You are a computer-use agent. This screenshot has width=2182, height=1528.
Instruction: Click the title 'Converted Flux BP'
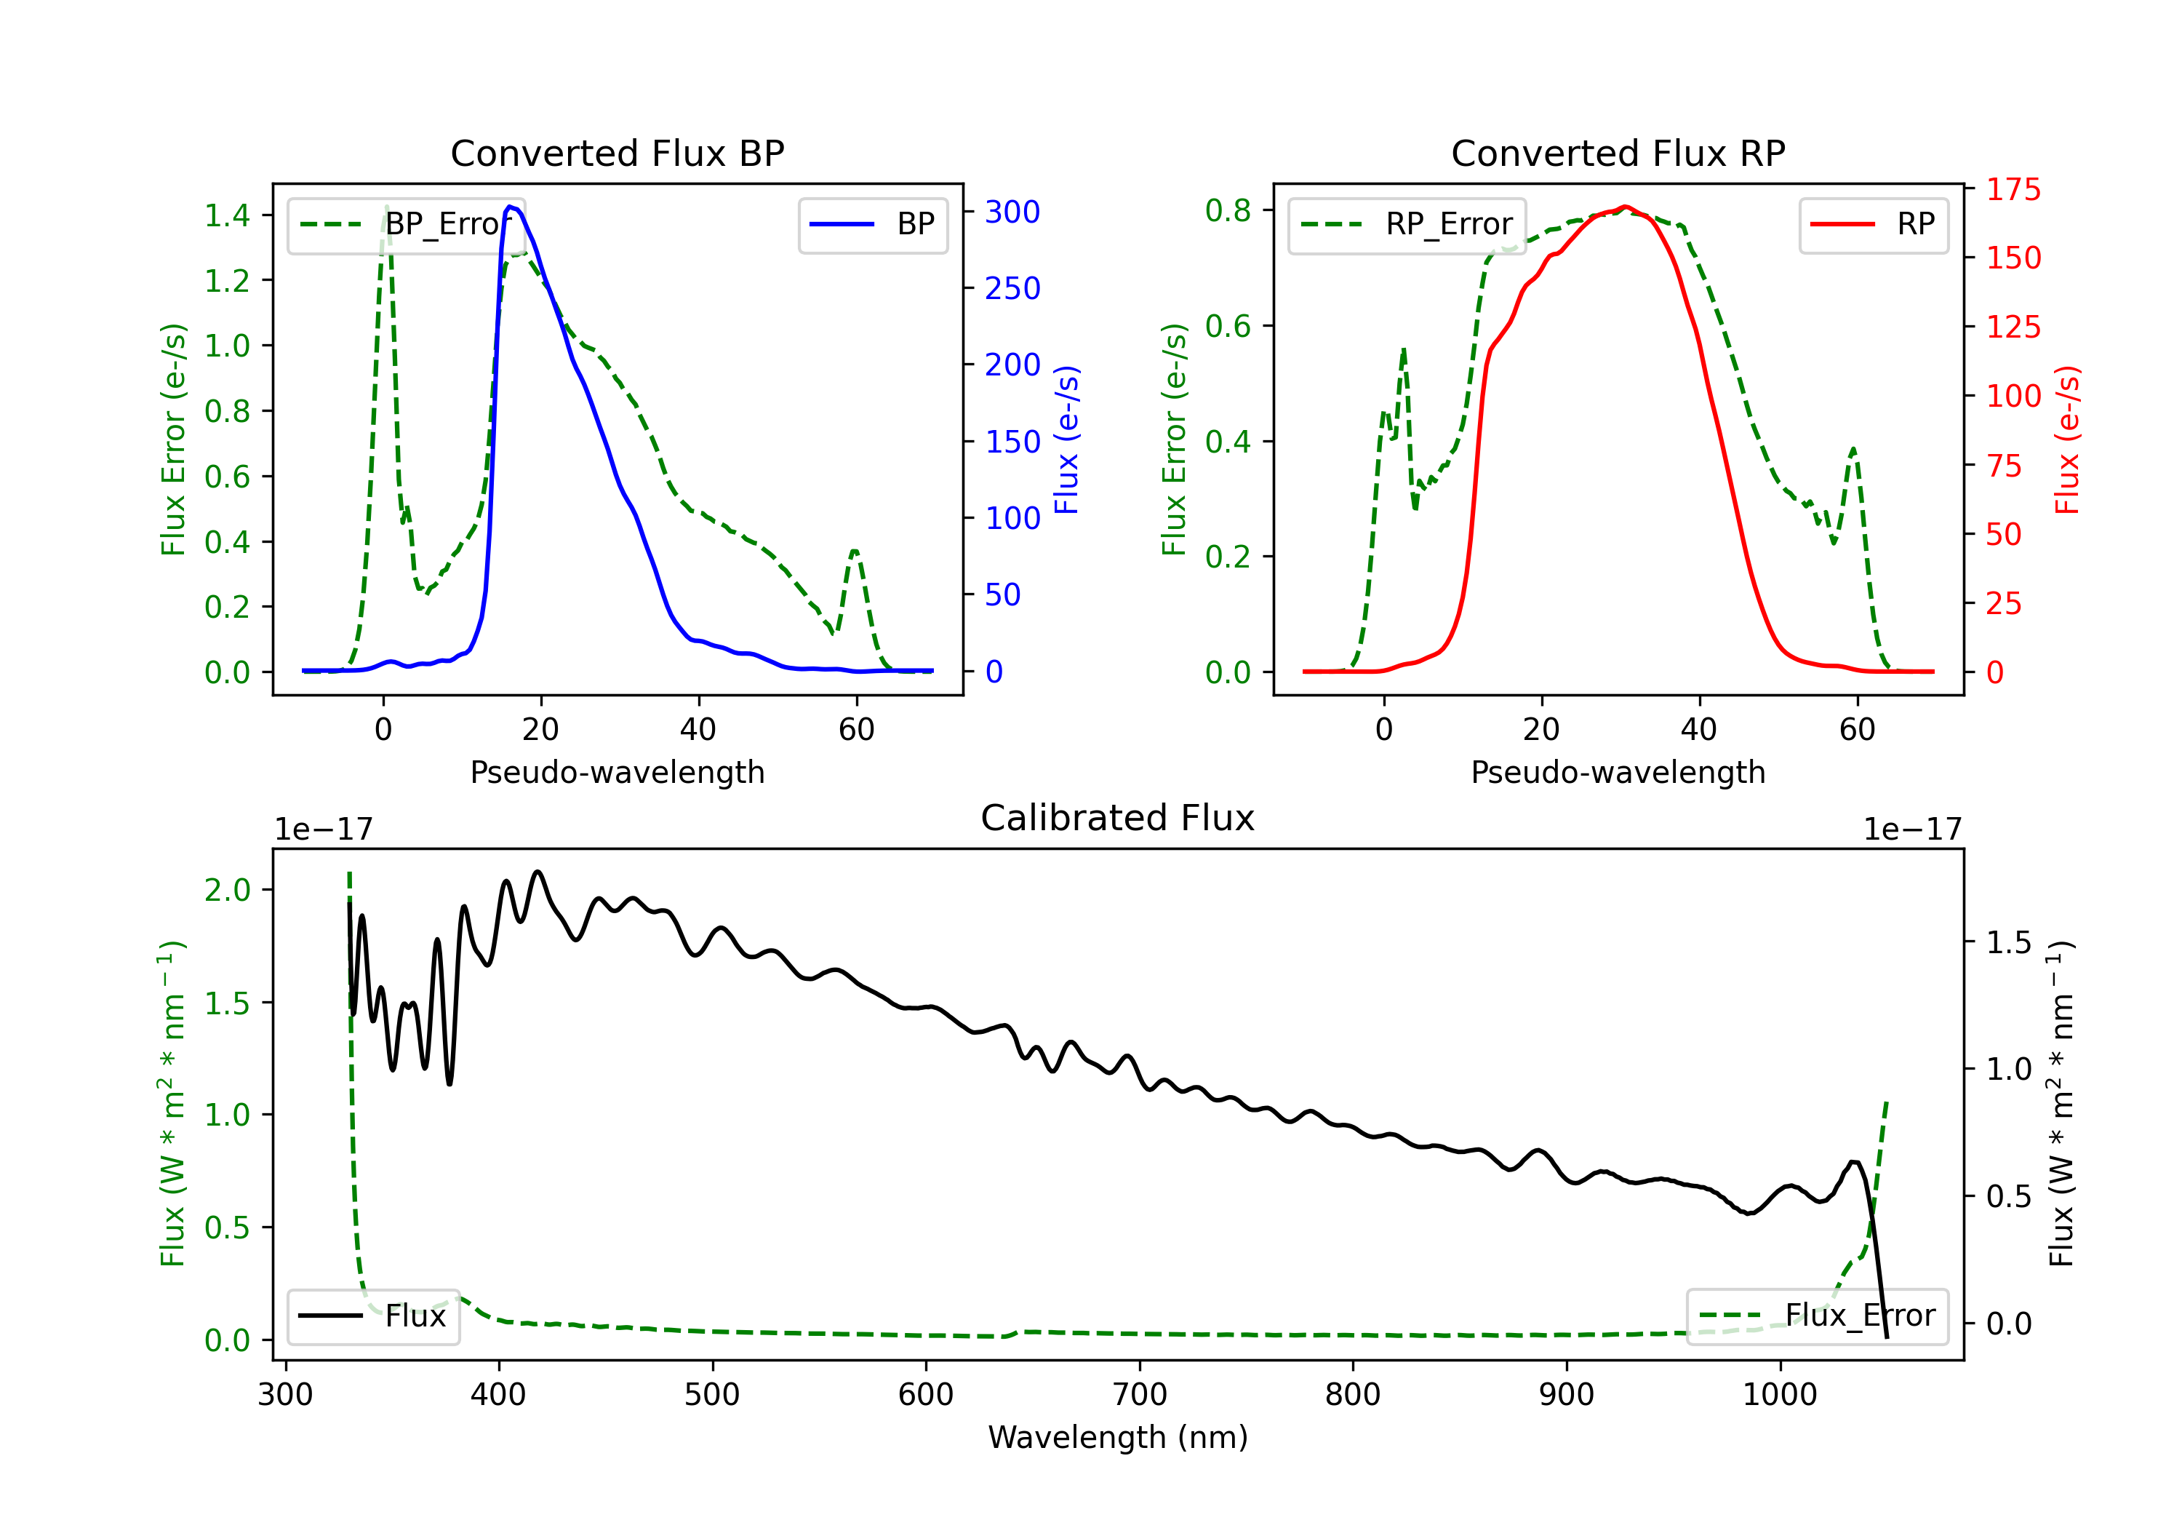pyautogui.click(x=617, y=153)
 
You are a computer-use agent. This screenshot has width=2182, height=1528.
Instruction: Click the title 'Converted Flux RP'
pyautogui.click(x=1618, y=153)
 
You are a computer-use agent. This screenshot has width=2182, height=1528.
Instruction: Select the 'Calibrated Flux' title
pyautogui.click(x=1118, y=818)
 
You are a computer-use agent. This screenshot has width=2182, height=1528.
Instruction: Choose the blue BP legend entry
pyautogui.click(x=872, y=224)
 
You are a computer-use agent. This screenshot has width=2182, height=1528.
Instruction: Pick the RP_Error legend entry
pyautogui.click(x=1407, y=224)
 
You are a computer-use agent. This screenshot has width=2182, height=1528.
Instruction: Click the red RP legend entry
pyautogui.click(x=1873, y=224)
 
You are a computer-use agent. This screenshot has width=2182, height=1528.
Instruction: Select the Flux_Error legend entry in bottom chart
pyautogui.click(x=1817, y=1316)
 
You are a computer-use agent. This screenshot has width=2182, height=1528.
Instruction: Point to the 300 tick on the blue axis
pyautogui.click(x=1012, y=211)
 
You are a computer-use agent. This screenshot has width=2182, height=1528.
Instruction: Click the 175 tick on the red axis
pyautogui.click(x=2013, y=189)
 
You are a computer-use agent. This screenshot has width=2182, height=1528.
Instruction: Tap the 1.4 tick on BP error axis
pyautogui.click(x=227, y=215)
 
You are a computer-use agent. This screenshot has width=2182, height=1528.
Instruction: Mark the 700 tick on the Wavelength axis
pyautogui.click(x=1138, y=1395)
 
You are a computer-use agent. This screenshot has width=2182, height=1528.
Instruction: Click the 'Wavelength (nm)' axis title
pyautogui.click(x=1118, y=1437)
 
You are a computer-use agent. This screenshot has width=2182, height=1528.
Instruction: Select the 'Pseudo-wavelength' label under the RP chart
pyautogui.click(x=1618, y=772)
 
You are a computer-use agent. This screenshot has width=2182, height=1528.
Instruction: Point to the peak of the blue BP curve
pyautogui.click(x=511, y=207)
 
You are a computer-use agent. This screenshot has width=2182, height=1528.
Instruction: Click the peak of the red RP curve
pyautogui.click(x=1625, y=207)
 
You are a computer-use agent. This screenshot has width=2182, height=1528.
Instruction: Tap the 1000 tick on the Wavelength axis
pyautogui.click(x=1779, y=1395)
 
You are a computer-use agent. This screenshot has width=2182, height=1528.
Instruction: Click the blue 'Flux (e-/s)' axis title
pyautogui.click(x=1066, y=440)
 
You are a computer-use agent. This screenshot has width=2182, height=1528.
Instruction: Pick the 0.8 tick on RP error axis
pyautogui.click(x=1228, y=210)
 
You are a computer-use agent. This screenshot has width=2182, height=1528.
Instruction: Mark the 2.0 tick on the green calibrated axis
pyautogui.click(x=227, y=890)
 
